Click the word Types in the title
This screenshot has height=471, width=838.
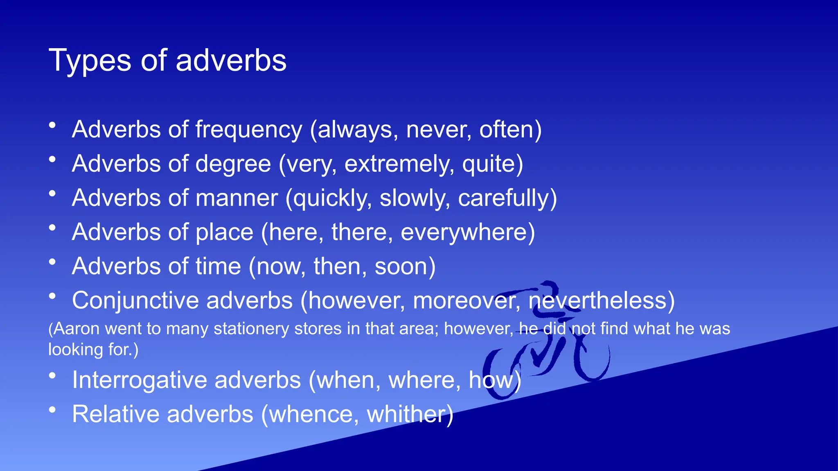tap(90, 61)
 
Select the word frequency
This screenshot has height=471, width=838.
tap(248, 130)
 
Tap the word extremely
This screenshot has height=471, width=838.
tap(399, 164)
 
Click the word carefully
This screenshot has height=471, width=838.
tap(504, 198)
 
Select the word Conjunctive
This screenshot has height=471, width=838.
tap(135, 301)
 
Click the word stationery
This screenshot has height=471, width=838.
tap(251, 329)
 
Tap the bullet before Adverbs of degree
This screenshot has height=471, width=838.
tap(52, 160)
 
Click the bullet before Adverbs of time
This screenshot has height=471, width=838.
tap(52, 262)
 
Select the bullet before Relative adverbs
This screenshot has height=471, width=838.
tap(52, 410)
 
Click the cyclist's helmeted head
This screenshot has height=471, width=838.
tap(551, 293)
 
